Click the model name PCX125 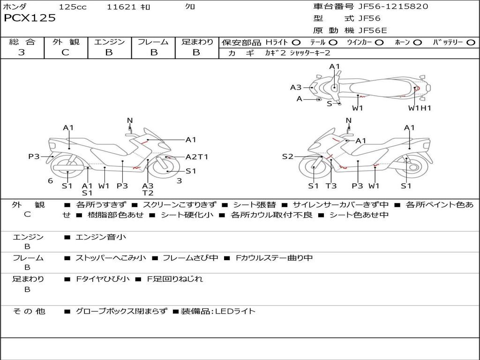(x=30, y=18)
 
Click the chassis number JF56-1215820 (x=393, y=7)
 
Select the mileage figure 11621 (x=121, y=7)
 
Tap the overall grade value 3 (x=22, y=52)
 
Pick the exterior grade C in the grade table (x=65, y=52)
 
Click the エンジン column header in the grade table (x=109, y=42)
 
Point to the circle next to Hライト (x=296, y=43)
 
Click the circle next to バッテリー (x=471, y=43)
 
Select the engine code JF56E (x=373, y=30)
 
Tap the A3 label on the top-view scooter (x=296, y=88)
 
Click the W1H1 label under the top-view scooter (x=420, y=108)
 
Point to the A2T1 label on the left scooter (x=197, y=157)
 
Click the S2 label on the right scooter (x=287, y=157)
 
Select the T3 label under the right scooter (x=331, y=186)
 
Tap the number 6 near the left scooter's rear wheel (x=51, y=181)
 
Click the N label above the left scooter (x=130, y=120)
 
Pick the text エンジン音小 (x=100, y=237)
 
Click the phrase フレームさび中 (x=190, y=258)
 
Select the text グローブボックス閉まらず (x=121, y=311)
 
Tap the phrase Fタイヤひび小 (x=103, y=279)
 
